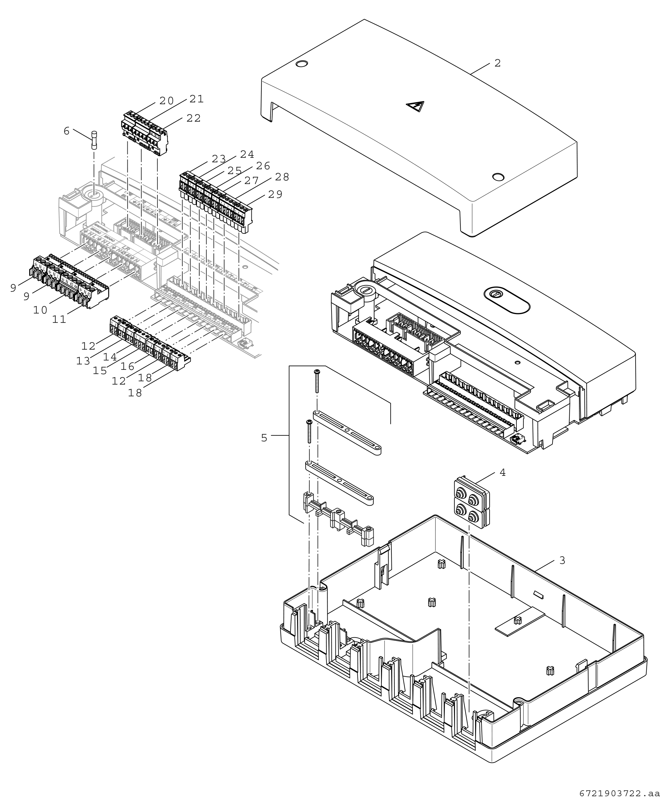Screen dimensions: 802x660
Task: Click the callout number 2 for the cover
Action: [x=498, y=63]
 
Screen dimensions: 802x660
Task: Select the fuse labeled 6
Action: [x=95, y=140]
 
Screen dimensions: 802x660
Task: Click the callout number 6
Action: [x=67, y=131]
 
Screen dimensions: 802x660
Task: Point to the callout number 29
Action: [x=275, y=194]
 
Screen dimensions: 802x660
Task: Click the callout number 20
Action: [x=167, y=101]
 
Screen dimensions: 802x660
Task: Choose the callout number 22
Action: [x=194, y=118]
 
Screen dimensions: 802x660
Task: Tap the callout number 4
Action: [x=503, y=473]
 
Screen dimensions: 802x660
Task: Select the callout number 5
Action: [x=264, y=438]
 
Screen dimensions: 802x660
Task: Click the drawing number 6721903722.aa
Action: [x=619, y=794]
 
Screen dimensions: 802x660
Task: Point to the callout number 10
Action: [x=40, y=310]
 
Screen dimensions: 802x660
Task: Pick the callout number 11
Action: [x=59, y=320]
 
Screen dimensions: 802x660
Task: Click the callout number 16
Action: [x=128, y=366]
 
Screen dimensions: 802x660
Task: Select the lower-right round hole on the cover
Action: [x=498, y=177]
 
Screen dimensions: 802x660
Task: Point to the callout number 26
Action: [x=263, y=166]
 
